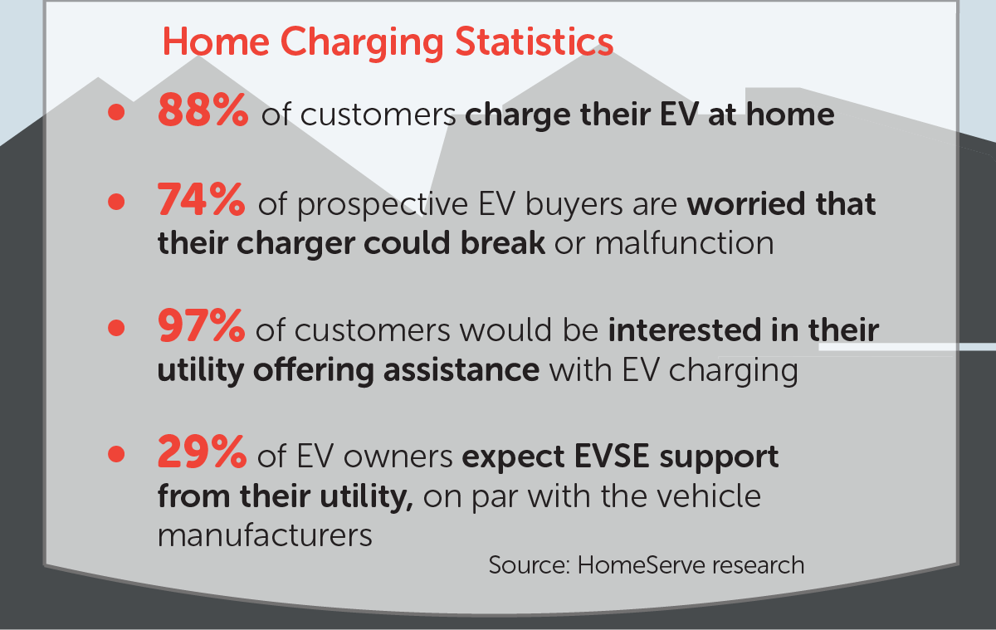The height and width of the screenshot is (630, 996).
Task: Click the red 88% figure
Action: [203, 110]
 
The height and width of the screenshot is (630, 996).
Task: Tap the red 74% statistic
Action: [201, 200]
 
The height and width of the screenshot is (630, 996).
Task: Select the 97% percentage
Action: [201, 326]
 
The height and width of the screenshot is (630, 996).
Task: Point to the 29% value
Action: [202, 452]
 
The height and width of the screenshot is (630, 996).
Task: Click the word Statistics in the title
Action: [534, 42]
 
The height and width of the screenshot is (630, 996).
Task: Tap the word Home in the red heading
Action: [216, 42]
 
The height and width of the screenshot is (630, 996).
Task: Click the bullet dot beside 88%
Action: [116, 112]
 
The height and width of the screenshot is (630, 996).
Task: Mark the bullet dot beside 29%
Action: [116, 454]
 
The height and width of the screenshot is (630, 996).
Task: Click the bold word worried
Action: [746, 204]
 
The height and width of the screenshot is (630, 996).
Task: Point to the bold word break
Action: [502, 243]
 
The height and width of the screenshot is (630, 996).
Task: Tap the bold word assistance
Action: [461, 370]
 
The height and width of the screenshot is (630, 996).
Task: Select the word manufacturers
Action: [265, 535]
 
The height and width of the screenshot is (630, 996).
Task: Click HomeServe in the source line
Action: [642, 565]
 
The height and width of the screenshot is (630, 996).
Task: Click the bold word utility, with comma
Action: [366, 496]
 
